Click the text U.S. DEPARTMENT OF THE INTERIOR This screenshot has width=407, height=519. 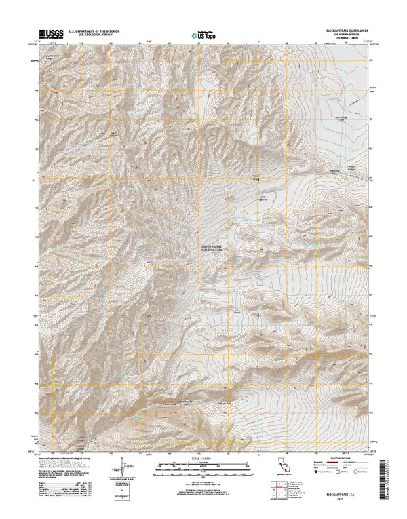coord(104,30)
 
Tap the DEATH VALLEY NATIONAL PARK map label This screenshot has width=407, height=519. coord(211,248)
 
